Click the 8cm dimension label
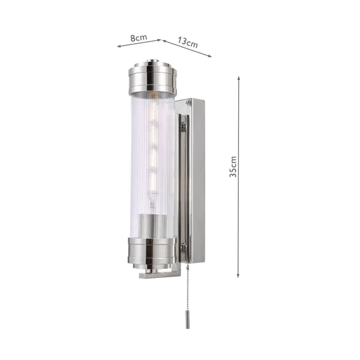(x=139, y=37)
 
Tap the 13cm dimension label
(x=188, y=43)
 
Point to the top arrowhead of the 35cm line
(x=239, y=78)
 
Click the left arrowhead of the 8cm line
(x=118, y=46)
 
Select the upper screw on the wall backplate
(x=184, y=126)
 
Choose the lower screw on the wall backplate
(x=184, y=247)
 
